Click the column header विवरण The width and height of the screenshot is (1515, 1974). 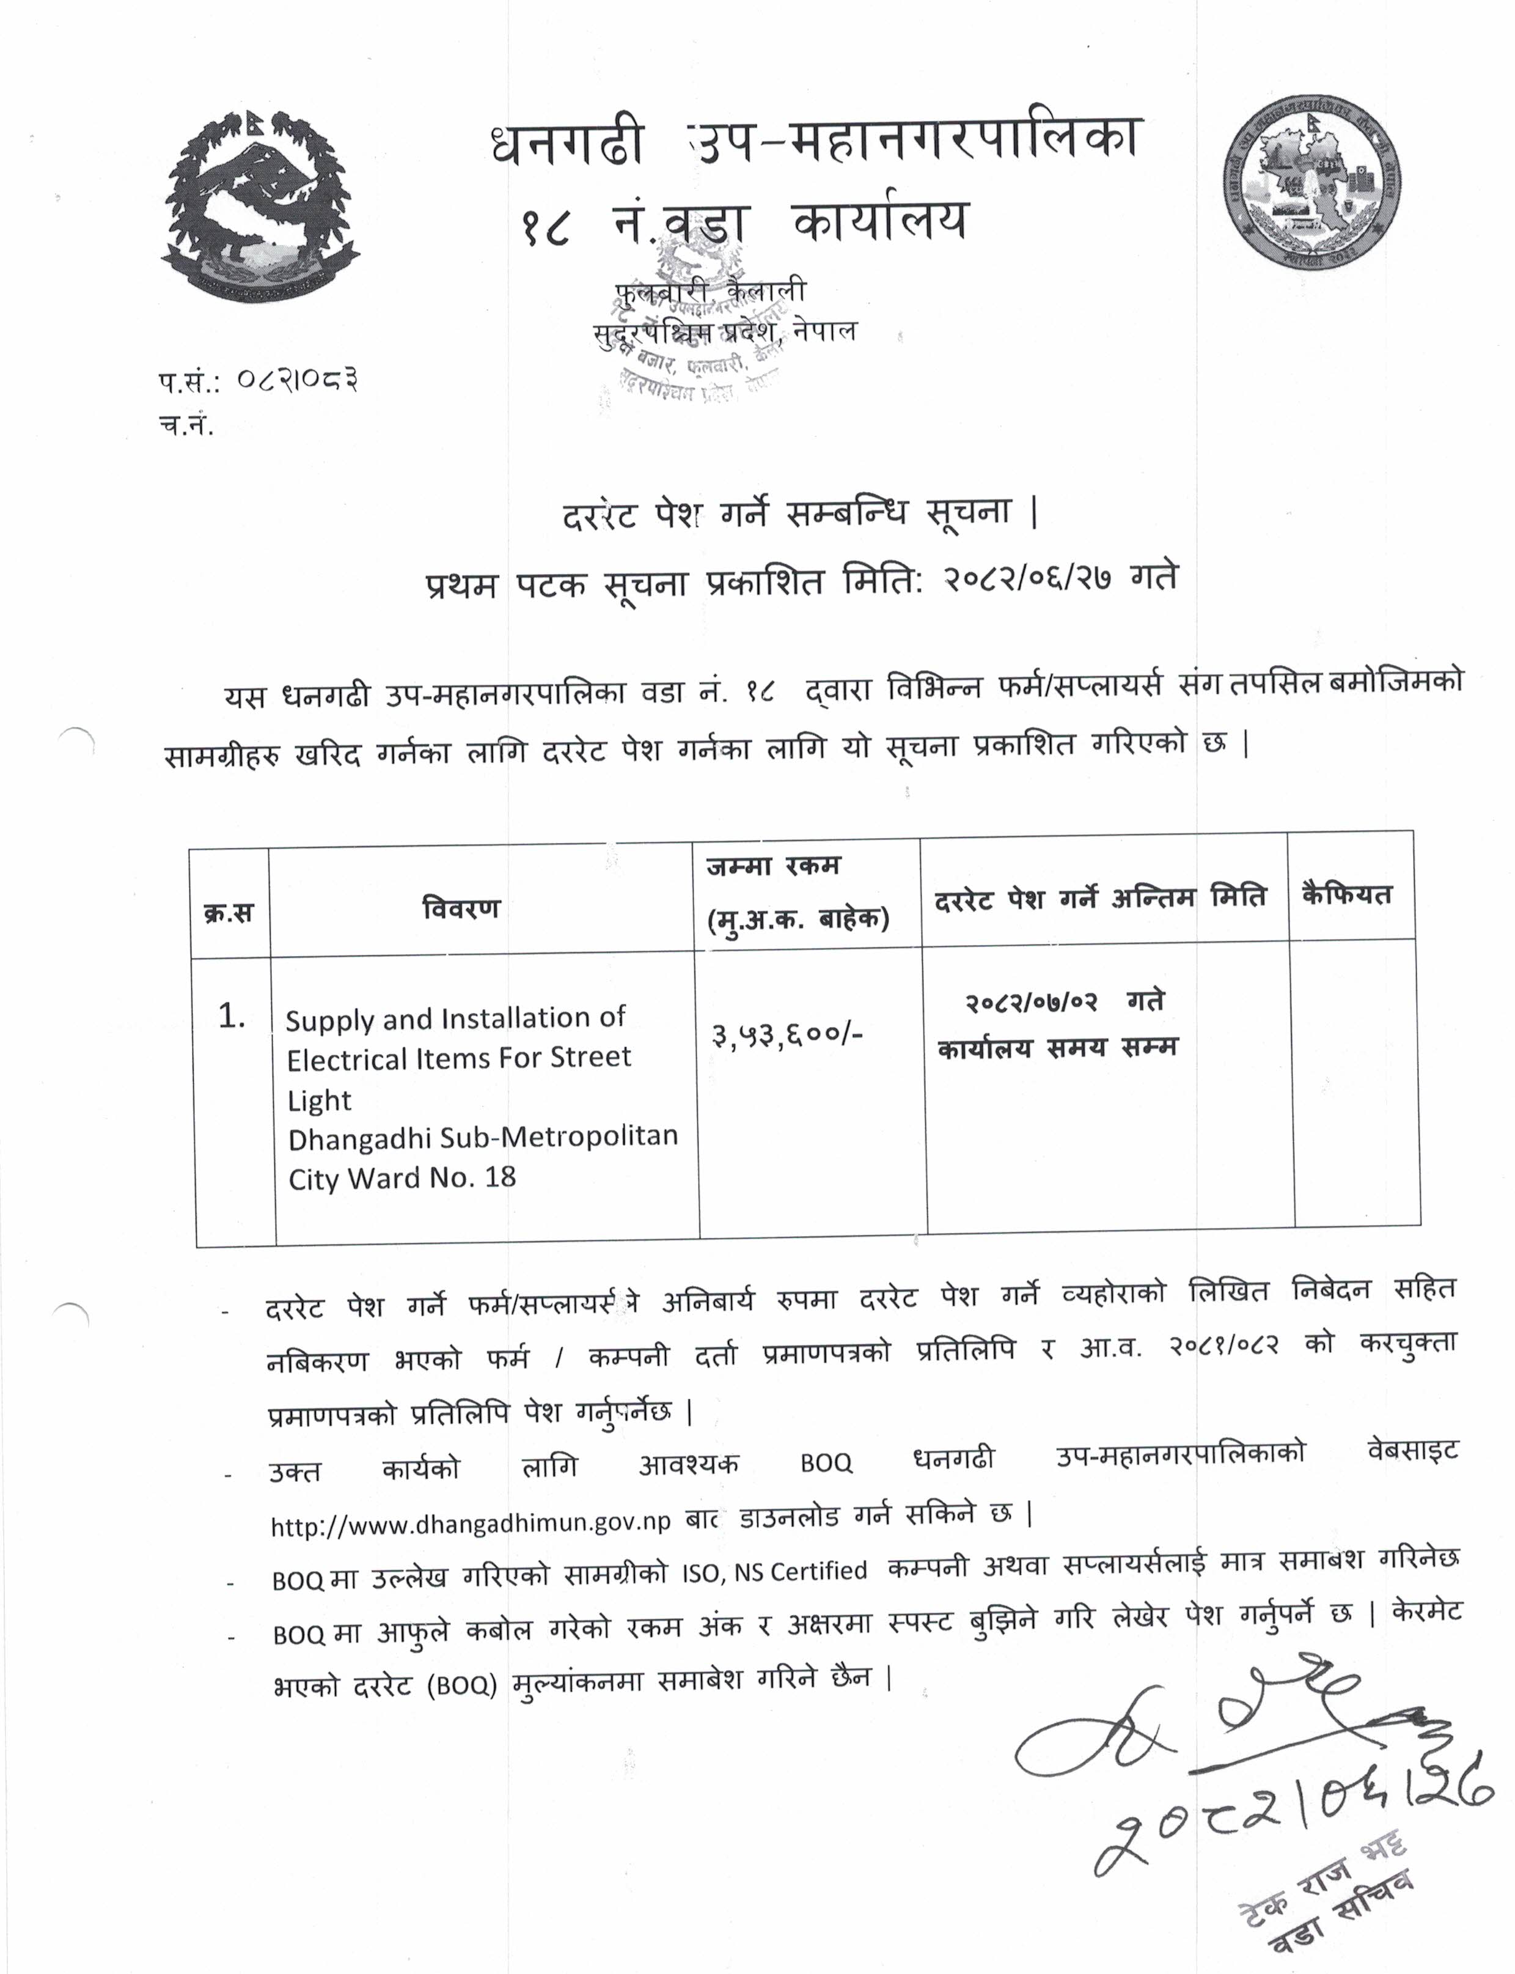tap(460, 908)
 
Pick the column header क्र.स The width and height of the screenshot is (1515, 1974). tap(228, 913)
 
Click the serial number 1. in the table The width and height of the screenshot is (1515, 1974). tap(232, 1017)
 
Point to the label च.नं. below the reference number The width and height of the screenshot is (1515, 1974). tap(186, 426)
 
